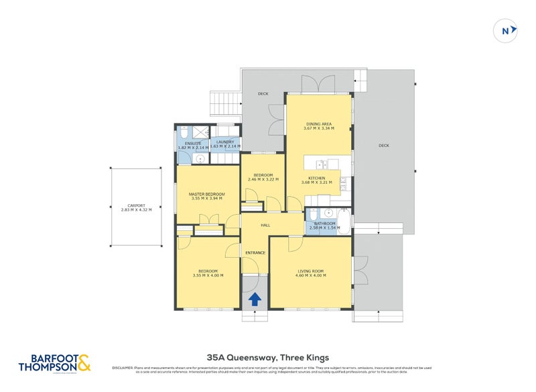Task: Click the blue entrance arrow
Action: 255,299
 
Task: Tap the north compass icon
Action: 507,30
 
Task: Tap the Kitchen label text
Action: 316,178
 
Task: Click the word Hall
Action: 265,225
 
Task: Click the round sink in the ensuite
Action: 200,158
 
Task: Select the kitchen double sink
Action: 320,164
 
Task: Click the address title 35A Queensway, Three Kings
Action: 268,357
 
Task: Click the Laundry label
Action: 224,142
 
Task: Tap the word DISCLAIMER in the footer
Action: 124,368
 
